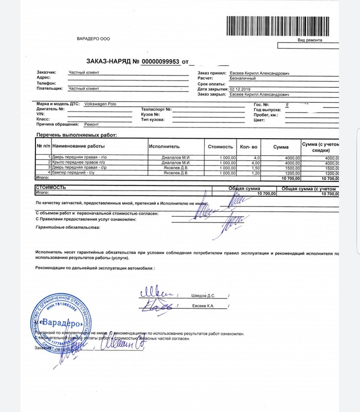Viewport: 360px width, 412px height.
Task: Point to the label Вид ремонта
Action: coord(310,40)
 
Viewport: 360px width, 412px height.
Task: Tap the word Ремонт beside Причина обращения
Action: coord(91,124)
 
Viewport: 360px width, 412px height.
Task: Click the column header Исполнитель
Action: coord(163,146)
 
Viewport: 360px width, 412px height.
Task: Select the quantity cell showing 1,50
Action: coord(255,167)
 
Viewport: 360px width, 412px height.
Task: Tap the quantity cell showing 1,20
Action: coord(255,173)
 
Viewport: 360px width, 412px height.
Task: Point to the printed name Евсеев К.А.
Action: coord(202,306)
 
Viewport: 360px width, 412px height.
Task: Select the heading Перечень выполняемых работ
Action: coord(77,135)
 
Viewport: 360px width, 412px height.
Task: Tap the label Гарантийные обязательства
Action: coord(68,227)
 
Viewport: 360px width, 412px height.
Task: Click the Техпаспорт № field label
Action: coord(155,109)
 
